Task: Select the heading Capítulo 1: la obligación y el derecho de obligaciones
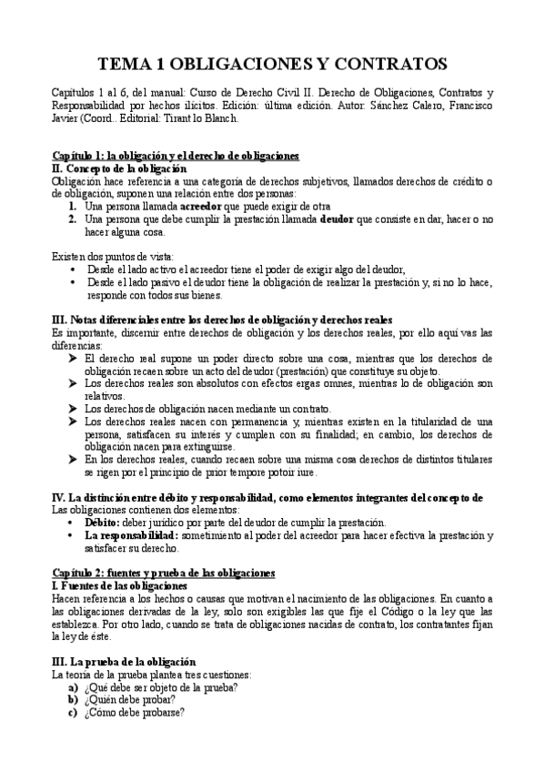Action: [176, 157]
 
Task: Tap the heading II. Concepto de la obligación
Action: [119, 169]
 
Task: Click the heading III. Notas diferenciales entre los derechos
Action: [222, 320]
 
